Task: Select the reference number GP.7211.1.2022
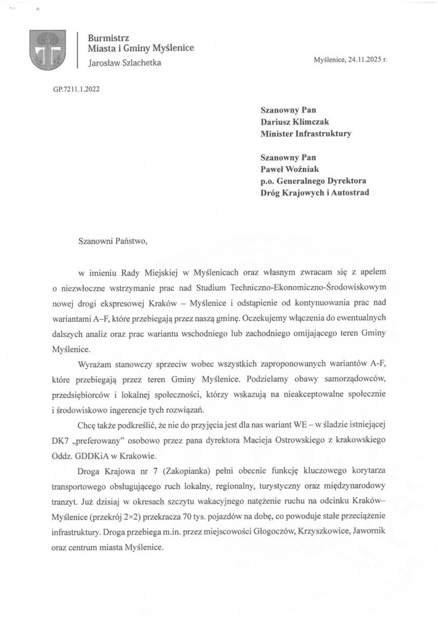[x=75, y=88]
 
